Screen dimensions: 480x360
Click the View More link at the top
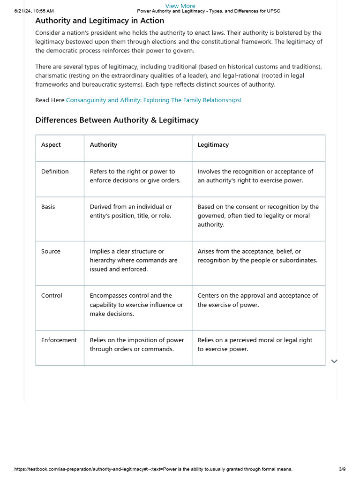pos(180,6)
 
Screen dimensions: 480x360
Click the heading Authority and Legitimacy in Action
pos(100,21)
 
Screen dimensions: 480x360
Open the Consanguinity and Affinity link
pos(153,100)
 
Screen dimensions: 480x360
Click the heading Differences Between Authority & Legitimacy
pos(117,120)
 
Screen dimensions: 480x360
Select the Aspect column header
pos(51,145)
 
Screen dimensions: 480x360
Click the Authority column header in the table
pos(104,145)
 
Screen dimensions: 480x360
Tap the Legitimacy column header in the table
pos(213,145)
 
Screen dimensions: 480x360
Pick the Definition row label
pos(55,172)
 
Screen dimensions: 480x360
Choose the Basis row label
pos(48,207)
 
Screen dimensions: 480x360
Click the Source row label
pos(51,251)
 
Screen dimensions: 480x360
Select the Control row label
pos(52,296)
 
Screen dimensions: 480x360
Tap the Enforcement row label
pos(59,340)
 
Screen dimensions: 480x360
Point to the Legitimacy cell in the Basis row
pos(258,216)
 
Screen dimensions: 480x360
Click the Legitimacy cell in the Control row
pos(257,300)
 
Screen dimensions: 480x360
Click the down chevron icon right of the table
pos(334,361)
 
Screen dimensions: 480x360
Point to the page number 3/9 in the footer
pos(342,469)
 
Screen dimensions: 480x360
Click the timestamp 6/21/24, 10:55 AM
pos(34,11)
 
